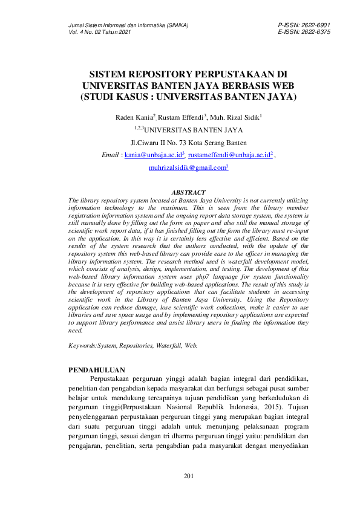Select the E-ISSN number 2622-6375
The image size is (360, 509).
315,32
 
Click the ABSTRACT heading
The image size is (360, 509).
189,192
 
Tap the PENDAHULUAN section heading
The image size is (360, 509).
96,369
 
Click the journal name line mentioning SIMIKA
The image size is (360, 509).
128,25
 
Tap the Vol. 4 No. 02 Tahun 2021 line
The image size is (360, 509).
100,32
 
